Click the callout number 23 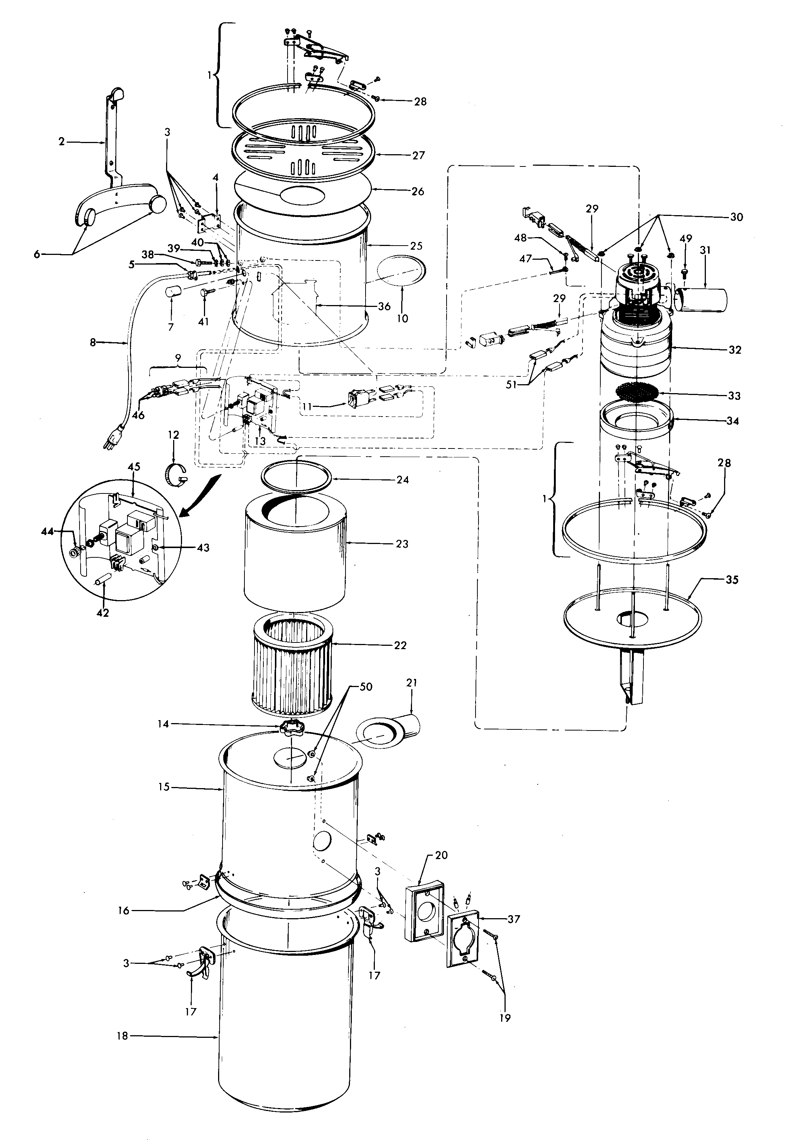402,544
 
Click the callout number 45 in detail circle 134,467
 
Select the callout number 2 61,142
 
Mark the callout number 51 512,385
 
